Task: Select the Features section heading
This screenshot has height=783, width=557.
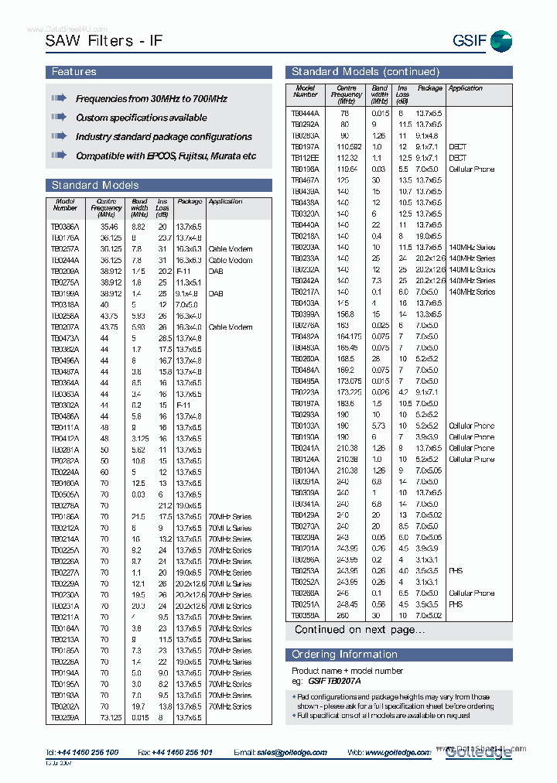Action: [74, 72]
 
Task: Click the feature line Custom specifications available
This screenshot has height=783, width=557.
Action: [141, 118]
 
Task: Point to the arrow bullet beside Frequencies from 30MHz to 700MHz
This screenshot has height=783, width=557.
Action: [59, 99]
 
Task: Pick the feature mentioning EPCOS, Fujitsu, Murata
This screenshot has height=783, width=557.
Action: [166, 156]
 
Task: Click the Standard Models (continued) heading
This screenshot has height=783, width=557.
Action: [365, 72]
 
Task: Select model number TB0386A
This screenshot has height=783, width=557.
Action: [66, 227]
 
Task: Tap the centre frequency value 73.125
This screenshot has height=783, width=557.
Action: [111, 717]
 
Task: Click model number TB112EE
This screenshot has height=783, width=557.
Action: [305, 158]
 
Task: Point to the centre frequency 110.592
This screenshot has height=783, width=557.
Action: [349, 146]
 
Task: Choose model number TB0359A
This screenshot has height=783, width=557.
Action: [305, 616]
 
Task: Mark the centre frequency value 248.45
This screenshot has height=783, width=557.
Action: [348, 604]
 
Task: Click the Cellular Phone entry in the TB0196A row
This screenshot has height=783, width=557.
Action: [471, 169]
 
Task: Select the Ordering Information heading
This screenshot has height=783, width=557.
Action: [344, 655]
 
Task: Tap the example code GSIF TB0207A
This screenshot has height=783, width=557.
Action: [334, 680]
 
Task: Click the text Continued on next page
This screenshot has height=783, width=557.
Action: [359, 630]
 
